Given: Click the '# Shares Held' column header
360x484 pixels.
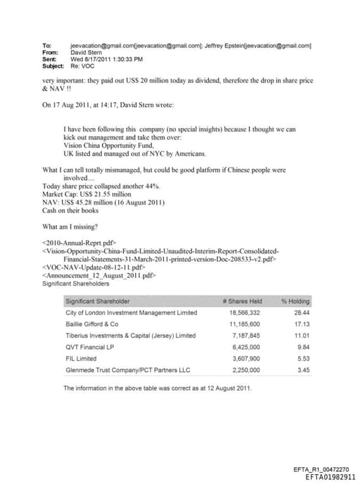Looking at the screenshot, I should click(x=242, y=301).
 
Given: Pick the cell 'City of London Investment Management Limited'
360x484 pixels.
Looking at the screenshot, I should click(x=131, y=312).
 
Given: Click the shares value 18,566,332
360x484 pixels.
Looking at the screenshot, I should click(x=245, y=312).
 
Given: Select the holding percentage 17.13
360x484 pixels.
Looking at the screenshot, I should click(x=303, y=324).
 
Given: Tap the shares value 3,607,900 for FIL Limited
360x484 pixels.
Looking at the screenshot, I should click(x=245, y=358).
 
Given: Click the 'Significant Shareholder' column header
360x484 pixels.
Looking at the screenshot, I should click(x=98, y=301).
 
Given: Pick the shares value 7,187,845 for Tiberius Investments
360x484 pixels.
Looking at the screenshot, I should click(x=245, y=336).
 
